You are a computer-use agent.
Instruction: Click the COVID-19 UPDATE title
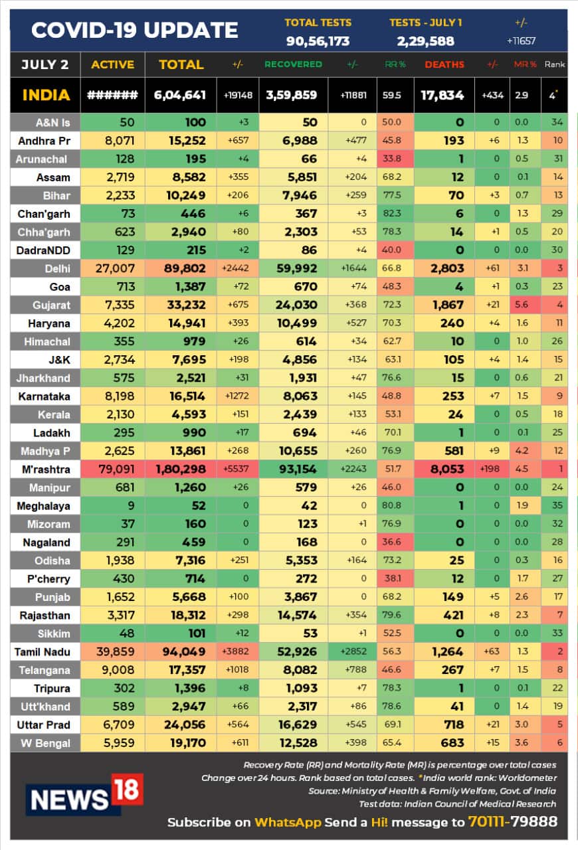click(x=135, y=31)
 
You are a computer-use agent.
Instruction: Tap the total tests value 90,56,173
click(x=317, y=41)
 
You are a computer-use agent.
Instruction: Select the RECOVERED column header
click(x=293, y=65)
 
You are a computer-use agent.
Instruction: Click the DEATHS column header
click(x=444, y=65)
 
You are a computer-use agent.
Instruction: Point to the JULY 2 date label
click(x=45, y=64)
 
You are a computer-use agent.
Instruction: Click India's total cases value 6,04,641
click(x=179, y=95)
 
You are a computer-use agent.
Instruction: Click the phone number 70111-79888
click(x=512, y=821)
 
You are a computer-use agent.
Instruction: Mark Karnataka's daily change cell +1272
click(x=237, y=396)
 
